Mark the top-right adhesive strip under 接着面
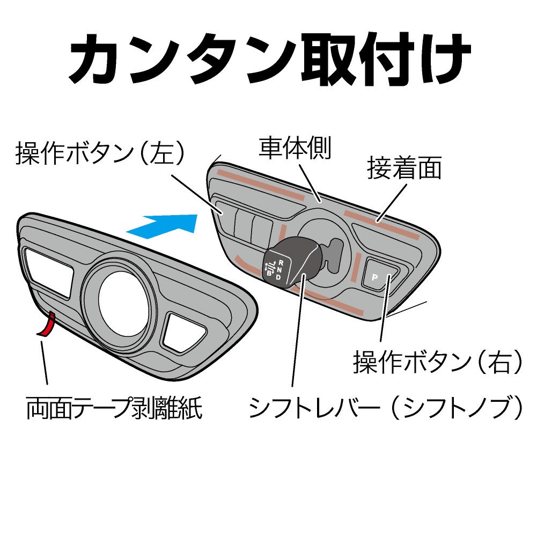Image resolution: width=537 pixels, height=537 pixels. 381,224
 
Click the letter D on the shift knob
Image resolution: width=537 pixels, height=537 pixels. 278,278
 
